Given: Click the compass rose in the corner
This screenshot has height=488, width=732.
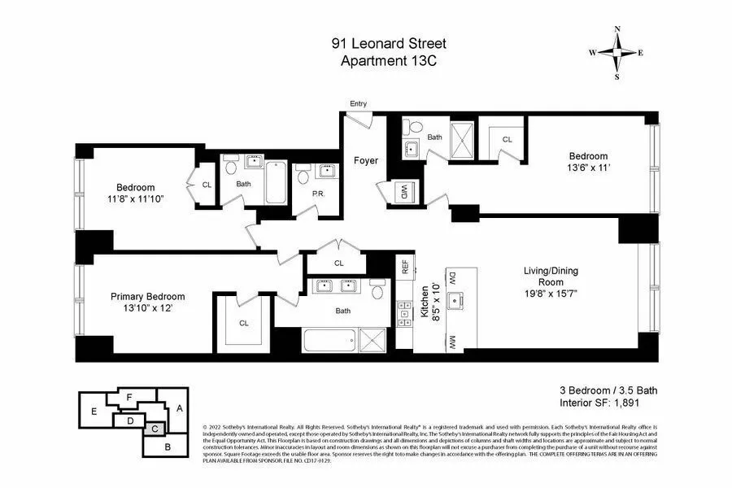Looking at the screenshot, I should (x=617, y=53).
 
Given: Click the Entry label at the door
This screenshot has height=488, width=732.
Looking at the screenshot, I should (x=358, y=103).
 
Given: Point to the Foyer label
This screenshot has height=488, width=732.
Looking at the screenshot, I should (x=365, y=160).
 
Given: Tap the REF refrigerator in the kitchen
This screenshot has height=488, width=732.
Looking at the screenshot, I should (x=403, y=266).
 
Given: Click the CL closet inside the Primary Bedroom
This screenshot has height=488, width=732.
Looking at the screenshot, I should (x=244, y=323).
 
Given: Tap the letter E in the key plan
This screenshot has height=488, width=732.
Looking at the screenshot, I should (x=94, y=412).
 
